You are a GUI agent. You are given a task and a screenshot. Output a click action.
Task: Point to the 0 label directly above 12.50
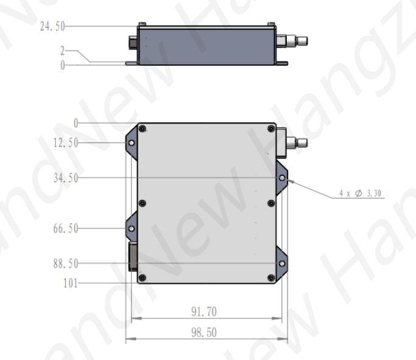pos(76,123)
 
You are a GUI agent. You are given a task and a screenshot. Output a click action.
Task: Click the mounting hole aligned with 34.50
pos(282,178)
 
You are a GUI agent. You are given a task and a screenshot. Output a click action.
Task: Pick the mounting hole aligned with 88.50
pos(282,264)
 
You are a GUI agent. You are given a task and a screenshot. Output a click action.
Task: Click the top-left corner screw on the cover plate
pos(142,129)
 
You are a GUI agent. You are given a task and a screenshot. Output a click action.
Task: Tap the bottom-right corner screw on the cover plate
pos(270,278)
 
